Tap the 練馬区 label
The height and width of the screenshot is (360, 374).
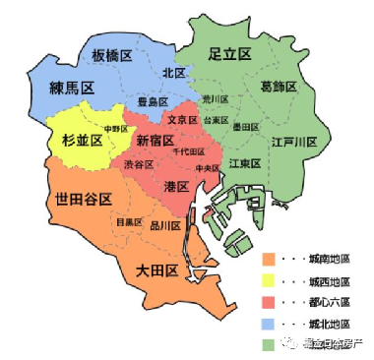click(x=72, y=89)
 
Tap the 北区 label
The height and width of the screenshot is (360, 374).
click(x=174, y=72)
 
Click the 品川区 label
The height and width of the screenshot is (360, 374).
click(x=165, y=225)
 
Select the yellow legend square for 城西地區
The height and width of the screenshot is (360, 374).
click(x=268, y=281)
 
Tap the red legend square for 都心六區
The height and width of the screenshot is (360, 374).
click(x=268, y=302)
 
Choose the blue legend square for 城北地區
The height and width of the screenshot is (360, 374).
click(x=268, y=323)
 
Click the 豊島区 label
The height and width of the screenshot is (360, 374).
click(x=154, y=100)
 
